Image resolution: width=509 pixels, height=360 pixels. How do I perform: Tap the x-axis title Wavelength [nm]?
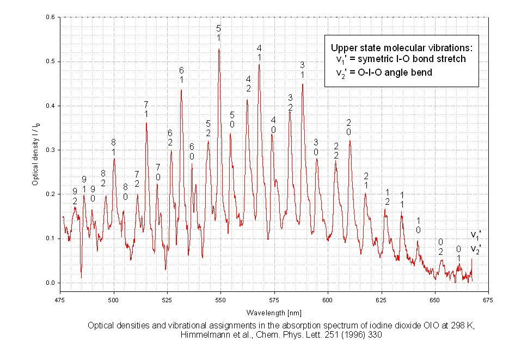pos(274,312)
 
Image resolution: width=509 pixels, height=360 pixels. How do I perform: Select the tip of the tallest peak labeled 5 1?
pos(219,48)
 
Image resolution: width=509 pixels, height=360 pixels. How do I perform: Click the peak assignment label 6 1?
pos(181,75)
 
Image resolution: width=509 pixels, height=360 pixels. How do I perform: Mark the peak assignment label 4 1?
pos(259,53)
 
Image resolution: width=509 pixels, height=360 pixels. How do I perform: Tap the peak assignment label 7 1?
pos(146,108)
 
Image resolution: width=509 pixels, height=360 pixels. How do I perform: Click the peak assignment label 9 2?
pos(75,196)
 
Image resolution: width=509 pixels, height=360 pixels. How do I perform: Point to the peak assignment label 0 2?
pos(441,246)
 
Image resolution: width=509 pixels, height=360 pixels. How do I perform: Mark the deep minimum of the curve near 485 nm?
pos(81,277)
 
